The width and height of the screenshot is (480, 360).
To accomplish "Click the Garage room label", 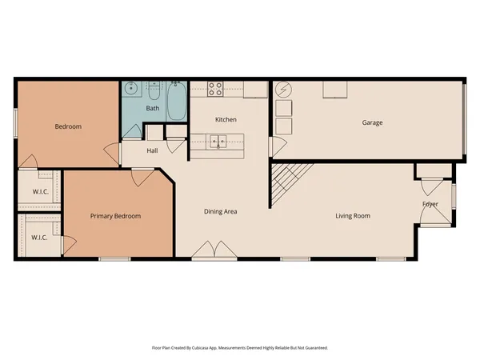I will [372, 122].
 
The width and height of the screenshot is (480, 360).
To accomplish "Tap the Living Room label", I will [356, 215].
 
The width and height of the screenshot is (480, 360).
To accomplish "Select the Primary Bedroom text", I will [115, 216].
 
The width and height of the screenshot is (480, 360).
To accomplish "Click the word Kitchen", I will [225, 119].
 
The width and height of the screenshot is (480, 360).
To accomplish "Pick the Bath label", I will [153, 108].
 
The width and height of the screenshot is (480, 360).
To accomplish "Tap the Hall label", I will [153, 150].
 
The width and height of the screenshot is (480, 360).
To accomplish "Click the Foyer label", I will [430, 205].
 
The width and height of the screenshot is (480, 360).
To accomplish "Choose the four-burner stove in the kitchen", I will [215, 88].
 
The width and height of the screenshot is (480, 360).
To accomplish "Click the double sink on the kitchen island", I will [218, 142].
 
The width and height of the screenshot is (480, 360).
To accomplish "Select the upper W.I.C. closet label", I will [40, 190].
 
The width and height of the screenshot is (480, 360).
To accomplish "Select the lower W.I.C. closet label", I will [38, 238].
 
